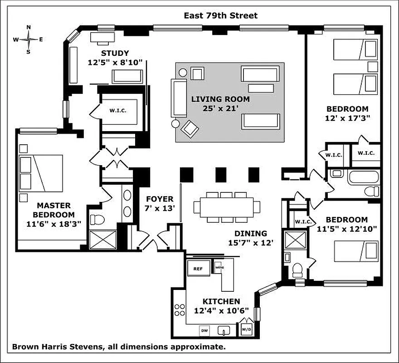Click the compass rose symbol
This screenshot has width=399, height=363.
click(x=29, y=39)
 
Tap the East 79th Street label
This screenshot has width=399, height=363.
click(x=220, y=15)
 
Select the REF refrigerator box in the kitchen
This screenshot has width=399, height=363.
click(x=199, y=268)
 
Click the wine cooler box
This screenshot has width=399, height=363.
click(x=219, y=267)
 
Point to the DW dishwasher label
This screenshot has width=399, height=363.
click(x=204, y=331)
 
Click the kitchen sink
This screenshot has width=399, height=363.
click(x=224, y=331)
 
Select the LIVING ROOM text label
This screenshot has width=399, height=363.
click(x=220, y=99)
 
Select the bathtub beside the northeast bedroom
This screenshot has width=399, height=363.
click(x=364, y=176)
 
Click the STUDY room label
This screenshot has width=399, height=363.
click(x=115, y=53)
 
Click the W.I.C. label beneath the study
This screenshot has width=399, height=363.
click(x=117, y=110)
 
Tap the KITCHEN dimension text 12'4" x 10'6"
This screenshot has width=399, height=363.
click(x=221, y=311)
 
